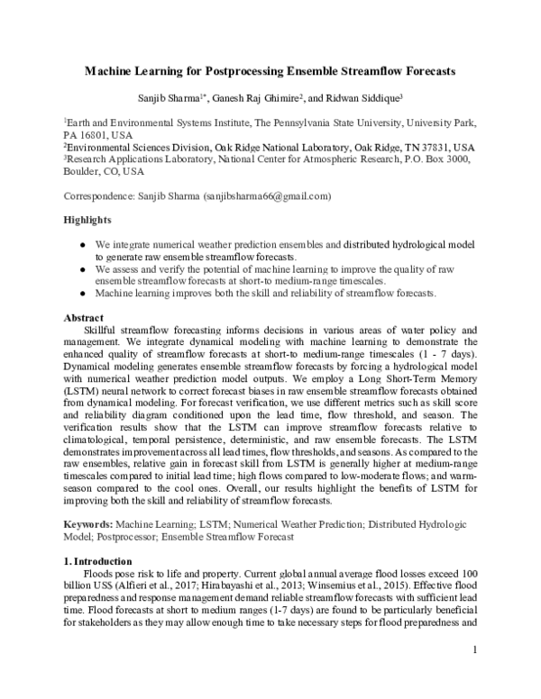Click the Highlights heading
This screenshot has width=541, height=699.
(x=87, y=220)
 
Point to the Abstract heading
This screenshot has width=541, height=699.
(x=85, y=318)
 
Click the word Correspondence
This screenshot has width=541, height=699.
(x=99, y=195)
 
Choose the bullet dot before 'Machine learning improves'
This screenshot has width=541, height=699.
(x=84, y=294)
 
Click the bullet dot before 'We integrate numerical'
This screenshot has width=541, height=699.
(x=84, y=243)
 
